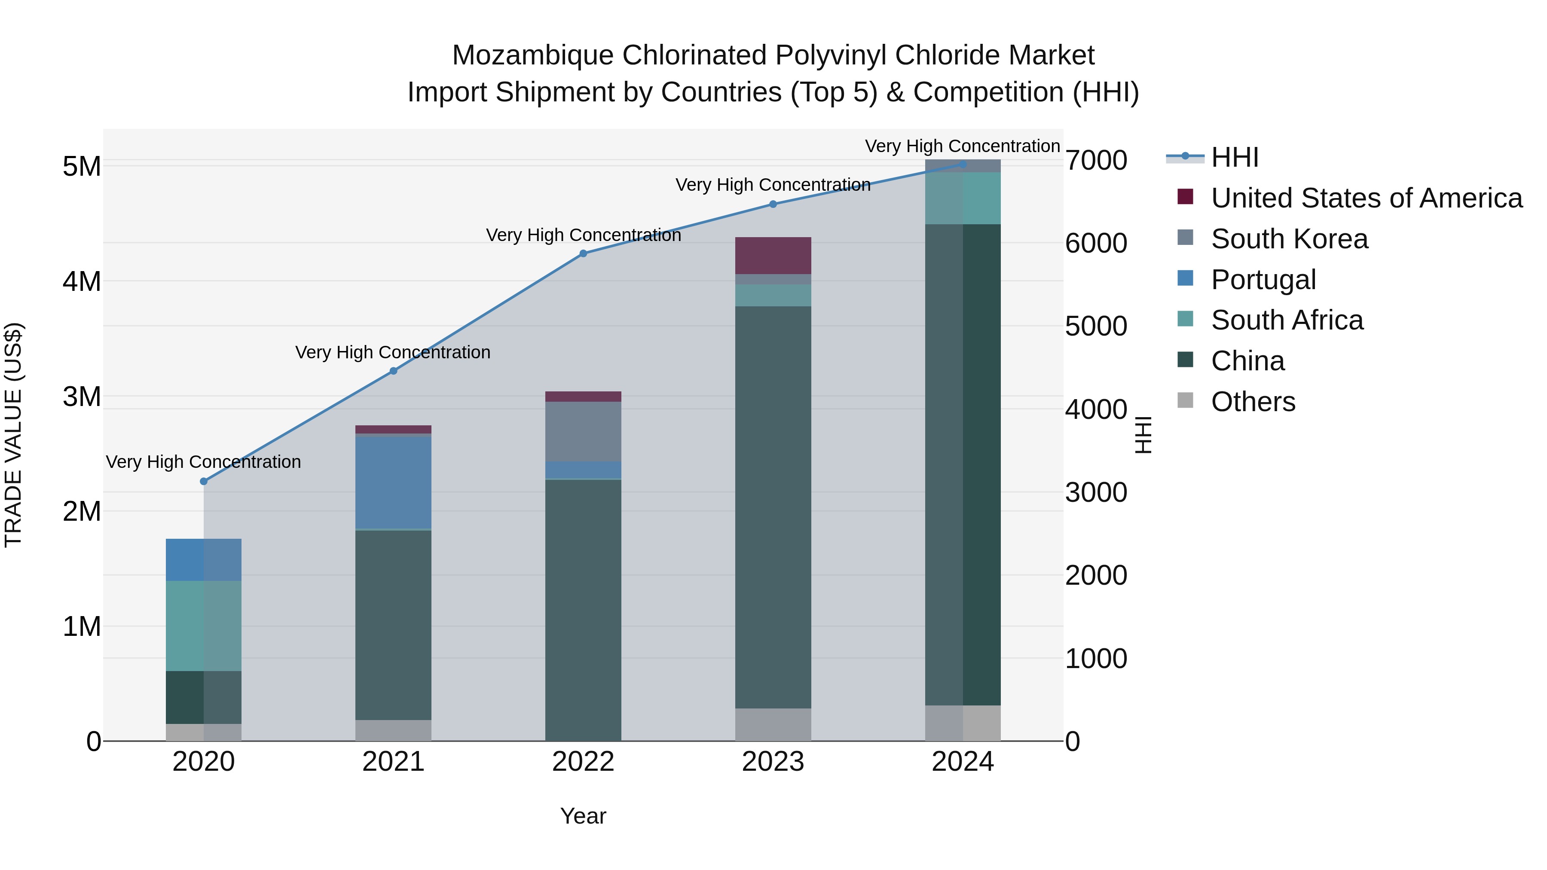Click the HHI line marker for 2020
204,482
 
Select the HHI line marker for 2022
583,253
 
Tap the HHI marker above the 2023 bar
773,204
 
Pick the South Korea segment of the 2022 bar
583,431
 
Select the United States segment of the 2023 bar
773,255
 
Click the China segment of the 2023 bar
773,507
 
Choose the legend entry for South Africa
1286,320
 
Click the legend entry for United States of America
1366,198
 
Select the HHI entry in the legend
1234,157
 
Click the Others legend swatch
1185,400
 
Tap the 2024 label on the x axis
963,762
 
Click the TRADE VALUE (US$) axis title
14,435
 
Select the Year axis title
583,816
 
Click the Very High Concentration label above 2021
393,352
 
